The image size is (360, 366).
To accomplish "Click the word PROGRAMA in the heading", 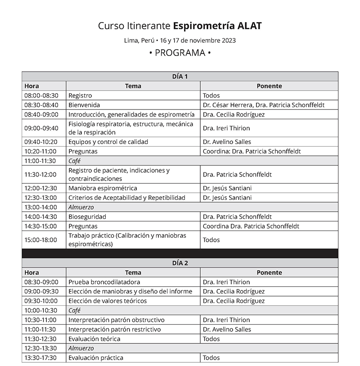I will [x=180, y=53].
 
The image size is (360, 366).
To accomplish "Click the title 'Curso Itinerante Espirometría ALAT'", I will [x=180, y=26].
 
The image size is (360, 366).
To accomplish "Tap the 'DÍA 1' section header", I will [x=180, y=76].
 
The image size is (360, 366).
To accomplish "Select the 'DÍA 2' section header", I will [x=180, y=263].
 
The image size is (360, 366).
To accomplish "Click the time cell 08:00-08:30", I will [x=41, y=95].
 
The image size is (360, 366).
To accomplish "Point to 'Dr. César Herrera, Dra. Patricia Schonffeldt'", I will [x=264, y=105].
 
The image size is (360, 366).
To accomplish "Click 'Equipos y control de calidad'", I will [x=108, y=142].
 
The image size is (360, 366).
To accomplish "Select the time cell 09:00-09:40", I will [x=41, y=128].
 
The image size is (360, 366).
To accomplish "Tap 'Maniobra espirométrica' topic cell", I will [x=103, y=188].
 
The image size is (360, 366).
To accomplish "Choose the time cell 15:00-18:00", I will [x=41, y=240].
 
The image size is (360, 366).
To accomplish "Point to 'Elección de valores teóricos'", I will [x=108, y=301].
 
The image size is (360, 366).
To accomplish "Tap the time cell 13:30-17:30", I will [x=40, y=357].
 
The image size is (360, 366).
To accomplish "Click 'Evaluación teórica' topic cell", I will [x=94, y=339].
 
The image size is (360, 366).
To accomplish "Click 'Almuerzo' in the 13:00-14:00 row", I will [x=81, y=207].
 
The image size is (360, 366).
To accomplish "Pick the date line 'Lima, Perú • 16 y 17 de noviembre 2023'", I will [x=180, y=40].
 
